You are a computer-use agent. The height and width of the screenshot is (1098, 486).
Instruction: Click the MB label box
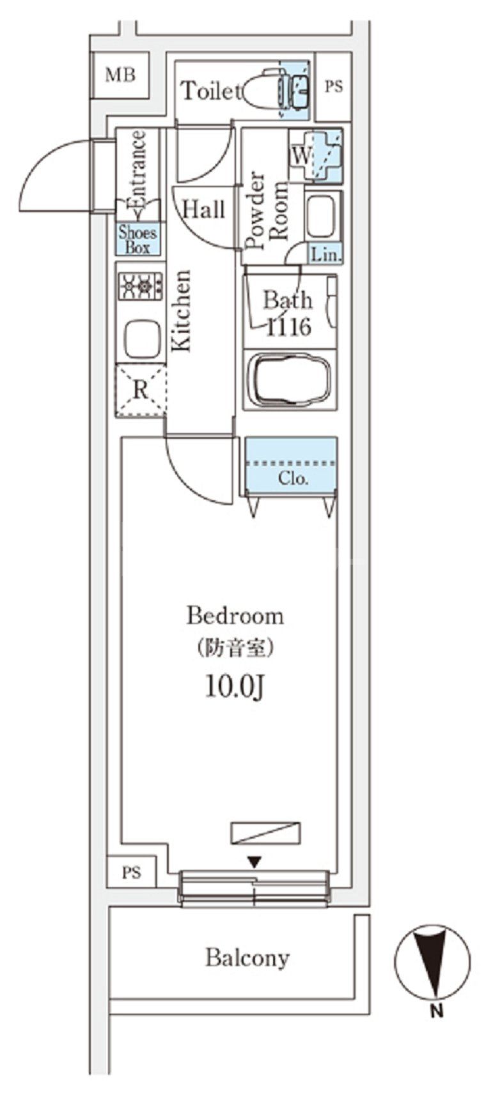coord(120,75)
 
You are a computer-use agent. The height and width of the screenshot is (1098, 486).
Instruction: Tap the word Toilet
coord(210,91)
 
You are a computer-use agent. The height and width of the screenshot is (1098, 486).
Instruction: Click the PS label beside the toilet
coord(333,86)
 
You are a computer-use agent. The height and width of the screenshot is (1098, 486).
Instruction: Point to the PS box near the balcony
coord(131,871)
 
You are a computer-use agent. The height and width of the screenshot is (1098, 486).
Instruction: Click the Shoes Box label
coord(137,240)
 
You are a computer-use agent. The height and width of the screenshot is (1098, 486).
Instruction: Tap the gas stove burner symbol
coord(141,286)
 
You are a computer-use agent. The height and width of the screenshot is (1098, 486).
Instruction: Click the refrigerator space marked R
coord(141,390)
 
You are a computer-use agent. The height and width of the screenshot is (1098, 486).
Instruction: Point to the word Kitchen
coord(181,310)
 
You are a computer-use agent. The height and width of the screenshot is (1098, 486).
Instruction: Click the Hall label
coord(203,209)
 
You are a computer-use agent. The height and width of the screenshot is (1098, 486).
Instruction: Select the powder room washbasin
coord(322,217)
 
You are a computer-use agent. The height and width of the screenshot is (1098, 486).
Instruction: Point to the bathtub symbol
coord(289,379)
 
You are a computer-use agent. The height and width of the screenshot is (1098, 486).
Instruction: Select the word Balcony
coord(247,958)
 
